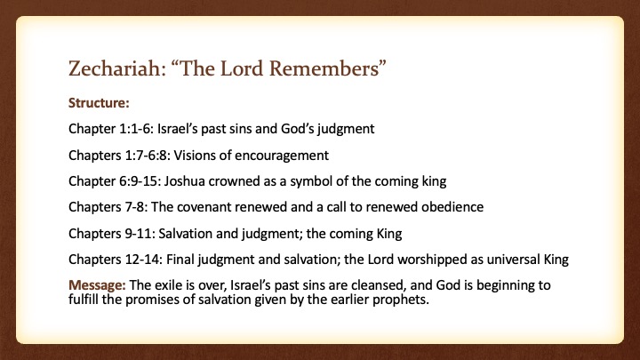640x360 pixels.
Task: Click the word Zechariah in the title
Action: [117, 68]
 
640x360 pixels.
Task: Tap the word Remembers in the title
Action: [327, 68]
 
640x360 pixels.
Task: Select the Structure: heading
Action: [99, 103]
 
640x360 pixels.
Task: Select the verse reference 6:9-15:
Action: [140, 181]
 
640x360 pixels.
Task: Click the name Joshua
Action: [185, 181]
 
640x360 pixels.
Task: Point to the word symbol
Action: [311, 181]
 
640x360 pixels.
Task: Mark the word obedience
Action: [452, 207]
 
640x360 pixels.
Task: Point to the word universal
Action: [514, 260]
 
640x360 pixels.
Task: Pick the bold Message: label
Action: [97, 285]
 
